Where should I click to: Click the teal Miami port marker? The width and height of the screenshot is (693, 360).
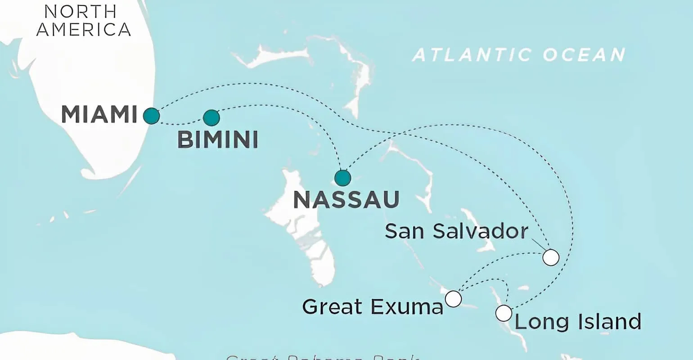pyautogui.click(x=151, y=116)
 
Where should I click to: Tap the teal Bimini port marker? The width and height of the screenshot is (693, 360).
pyautogui.click(x=211, y=118)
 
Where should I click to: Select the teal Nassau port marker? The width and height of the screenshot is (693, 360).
pyautogui.click(x=343, y=178)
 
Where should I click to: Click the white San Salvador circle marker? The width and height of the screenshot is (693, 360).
pyautogui.click(x=551, y=258)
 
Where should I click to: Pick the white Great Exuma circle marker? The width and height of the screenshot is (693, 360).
pyautogui.click(x=453, y=298)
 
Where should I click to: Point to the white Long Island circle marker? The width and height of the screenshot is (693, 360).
pyautogui.click(x=504, y=313)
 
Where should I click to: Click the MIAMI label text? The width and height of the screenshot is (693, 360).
pyautogui.click(x=99, y=114)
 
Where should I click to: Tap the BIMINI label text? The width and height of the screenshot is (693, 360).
pyautogui.click(x=218, y=140)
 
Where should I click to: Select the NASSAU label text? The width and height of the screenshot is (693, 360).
pyautogui.click(x=346, y=200)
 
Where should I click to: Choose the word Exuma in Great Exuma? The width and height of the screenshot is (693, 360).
pyautogui.click(x=407, y=307)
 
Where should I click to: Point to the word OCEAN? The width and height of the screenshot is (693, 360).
pyautogui.click(x=584, y=55)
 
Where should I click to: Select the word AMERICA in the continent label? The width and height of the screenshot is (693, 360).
pyautogui.click(x=84, y=29)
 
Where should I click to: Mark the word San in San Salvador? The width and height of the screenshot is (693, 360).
pyautogui.click(x=404, y=231)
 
